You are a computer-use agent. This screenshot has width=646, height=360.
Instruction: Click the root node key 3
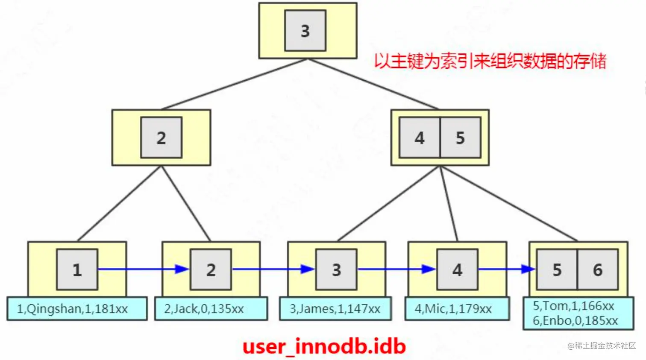coord(305,31)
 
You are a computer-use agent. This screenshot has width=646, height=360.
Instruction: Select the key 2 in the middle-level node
coord(161,138)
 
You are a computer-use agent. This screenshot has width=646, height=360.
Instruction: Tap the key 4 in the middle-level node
coord(420,138)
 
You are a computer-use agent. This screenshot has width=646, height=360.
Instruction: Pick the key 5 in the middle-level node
coord(460,138)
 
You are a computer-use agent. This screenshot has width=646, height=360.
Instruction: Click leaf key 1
coord(77,269)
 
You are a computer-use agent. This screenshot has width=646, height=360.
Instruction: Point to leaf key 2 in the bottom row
coord(211,269)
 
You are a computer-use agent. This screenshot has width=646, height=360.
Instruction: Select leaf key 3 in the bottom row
coord(336,269)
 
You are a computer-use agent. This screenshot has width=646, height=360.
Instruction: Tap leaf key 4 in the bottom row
coord(457,269)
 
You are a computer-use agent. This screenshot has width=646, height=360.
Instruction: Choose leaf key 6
coord(597,269)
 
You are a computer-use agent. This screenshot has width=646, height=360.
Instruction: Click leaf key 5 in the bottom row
coord(557,269)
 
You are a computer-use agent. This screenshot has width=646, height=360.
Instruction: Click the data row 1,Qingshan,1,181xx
coord(72,309)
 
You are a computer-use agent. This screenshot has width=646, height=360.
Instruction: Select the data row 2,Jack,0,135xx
coord(204,309)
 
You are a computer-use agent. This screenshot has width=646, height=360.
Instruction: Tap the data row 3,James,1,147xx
coord(335,309)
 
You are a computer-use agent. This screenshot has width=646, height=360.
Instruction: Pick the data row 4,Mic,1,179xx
coord(453,309)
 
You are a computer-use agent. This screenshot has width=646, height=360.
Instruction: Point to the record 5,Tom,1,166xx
coord(573,306)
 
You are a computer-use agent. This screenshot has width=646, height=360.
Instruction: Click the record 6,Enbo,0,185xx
coord(575,320)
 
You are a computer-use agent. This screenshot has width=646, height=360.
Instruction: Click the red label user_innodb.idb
coord(324,346)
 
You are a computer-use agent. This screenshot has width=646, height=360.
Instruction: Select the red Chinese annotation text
coord(490,61)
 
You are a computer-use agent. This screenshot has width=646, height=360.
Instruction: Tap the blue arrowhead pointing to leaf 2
coord(182,269)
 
